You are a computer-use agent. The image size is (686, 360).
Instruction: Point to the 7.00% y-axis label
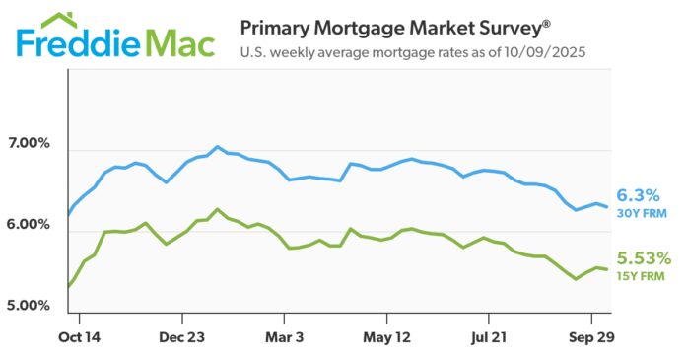[30, 145]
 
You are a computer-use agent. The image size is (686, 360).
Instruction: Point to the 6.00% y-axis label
[30, 225]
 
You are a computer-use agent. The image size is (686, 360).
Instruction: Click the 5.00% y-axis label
[30, 306]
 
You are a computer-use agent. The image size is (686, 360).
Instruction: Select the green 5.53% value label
[645, 259]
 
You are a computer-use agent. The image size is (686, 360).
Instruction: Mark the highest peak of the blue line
[218, 147]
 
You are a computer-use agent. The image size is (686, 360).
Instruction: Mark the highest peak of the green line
[218, 209]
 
